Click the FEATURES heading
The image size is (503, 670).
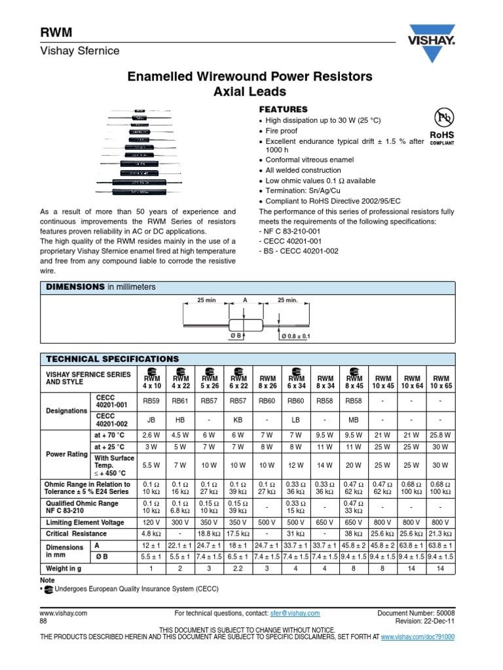(x=284, y=109)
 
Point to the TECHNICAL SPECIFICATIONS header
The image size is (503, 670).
(x=112, y=359)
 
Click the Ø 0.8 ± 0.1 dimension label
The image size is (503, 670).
(x=295, y=336)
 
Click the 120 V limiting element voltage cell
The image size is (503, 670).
(x=152, y=522)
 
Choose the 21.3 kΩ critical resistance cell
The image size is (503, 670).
(x=439, y=534)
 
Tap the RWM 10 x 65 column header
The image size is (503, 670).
(x=439, y=381)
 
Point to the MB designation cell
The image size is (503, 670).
(x=354, y=421)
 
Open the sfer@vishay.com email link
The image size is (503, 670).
(x=295, y=613)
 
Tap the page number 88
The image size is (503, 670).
(x=44, y=622)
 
